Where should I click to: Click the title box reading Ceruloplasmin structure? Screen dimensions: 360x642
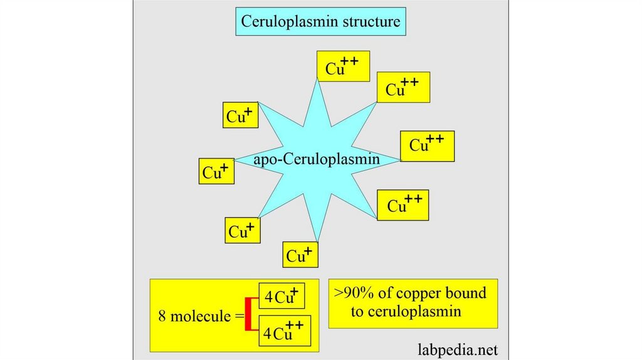[x=320, y=23]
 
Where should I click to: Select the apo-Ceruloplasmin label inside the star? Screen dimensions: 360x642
[x=317, y=159]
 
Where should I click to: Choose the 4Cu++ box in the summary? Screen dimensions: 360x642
[x=285, y=330]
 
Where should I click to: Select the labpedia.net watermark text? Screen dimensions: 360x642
[x=458, y=348]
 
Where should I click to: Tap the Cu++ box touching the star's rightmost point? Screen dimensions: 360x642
[x=427, y=146]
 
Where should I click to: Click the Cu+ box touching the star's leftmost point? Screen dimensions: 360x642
[x=216, y=171]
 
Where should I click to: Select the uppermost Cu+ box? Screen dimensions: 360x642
[x=241, y=115]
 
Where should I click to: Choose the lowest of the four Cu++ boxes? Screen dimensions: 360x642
[x=403, y=205]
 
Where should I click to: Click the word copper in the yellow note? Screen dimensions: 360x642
[x=418, y=294]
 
